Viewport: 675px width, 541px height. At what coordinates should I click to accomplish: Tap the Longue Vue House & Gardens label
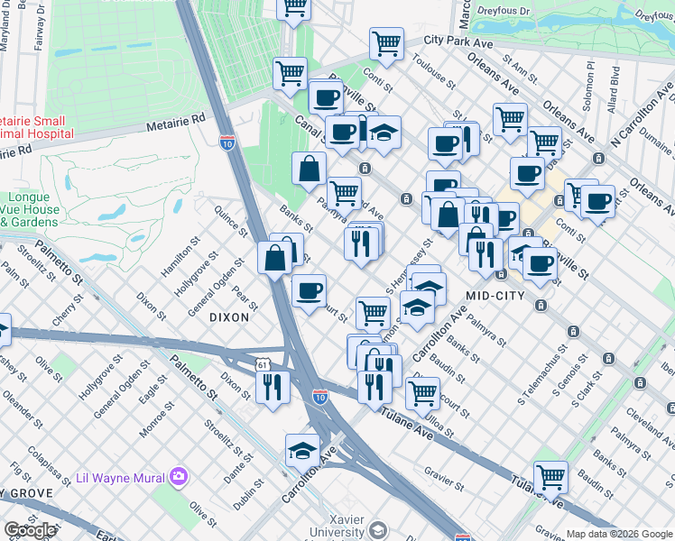(30, 209)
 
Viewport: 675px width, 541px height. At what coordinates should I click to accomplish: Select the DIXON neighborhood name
(228, 317)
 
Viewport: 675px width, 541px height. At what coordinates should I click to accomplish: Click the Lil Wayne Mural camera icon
(179, 475)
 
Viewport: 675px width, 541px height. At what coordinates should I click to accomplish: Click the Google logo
(30, 531)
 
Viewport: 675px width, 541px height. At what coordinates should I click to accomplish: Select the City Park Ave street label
(458, 41)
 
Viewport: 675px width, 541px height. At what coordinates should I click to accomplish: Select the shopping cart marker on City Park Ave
(386, 42)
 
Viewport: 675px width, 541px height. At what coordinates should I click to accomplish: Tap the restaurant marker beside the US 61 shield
(273, 387)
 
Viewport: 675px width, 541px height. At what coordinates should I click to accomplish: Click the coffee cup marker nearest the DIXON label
(309, 290)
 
